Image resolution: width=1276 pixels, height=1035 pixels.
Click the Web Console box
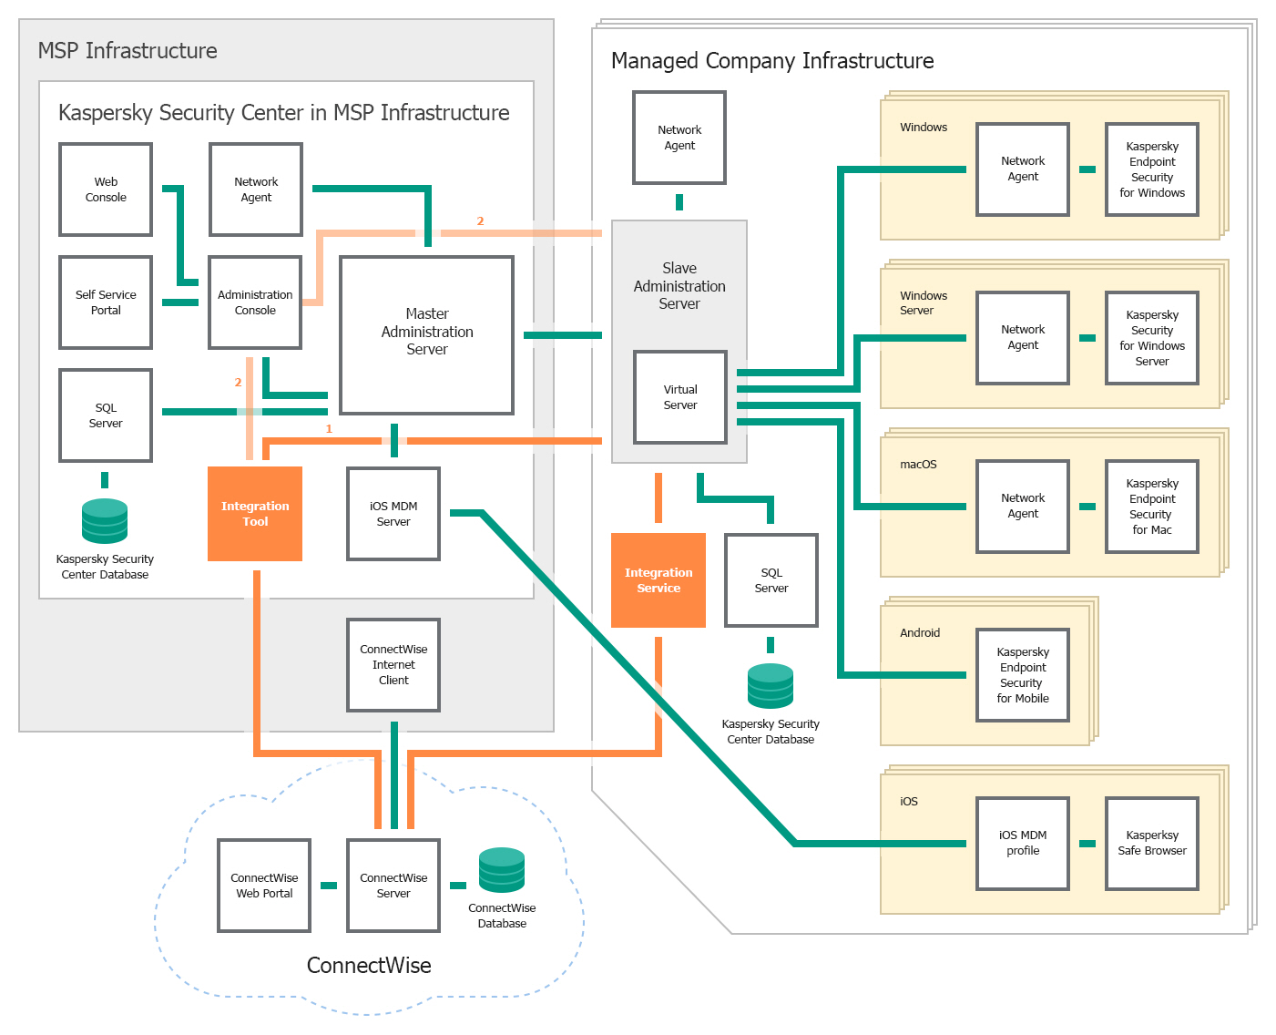[x=106, y=190]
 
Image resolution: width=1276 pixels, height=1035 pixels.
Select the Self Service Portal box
[x=106, y=302]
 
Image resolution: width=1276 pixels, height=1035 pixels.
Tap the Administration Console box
[x=255, y=302]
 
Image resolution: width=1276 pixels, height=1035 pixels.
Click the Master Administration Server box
[x=426, y=334]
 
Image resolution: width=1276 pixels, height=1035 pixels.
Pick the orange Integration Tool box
[x=255, y=514]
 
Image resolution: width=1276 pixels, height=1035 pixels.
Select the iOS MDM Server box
[x=393, y=514]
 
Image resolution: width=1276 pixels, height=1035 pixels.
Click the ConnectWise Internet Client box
[x=393, y=665]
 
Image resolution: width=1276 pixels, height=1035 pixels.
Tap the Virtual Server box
[x=680, y=397]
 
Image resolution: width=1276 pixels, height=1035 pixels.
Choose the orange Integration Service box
[x=658, y=580]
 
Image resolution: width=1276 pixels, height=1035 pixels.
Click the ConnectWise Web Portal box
[x=264, y=886]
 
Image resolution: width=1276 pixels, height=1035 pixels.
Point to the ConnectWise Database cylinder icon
[x=502, y=870]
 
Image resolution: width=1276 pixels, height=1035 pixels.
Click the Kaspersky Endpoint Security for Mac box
[x=1152, y=507]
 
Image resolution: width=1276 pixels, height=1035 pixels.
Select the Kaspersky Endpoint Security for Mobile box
[x=1023, y=675]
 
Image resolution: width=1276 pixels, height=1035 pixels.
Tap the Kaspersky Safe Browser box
[x=1152, y=844]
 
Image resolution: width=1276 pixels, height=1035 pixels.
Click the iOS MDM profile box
[x=1023, y=844]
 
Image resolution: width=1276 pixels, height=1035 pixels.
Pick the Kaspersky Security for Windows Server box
[x=1152, y=338]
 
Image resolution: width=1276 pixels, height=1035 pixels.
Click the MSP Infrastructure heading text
[x=128, y=51]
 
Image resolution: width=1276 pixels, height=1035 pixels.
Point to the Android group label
[x=920, y=633]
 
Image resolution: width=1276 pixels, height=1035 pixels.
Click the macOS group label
[x=918, y=465]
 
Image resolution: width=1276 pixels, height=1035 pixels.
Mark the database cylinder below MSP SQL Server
[x=105, y=521]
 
